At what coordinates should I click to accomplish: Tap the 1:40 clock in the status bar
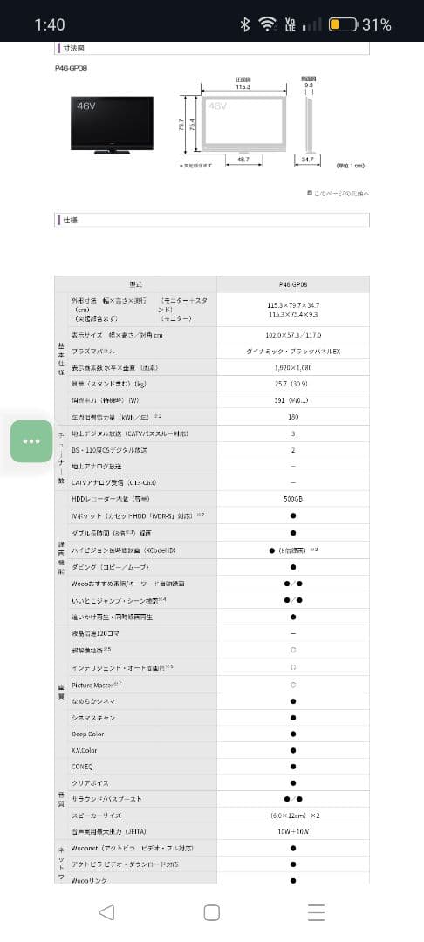pyautogui.click(x=49, y=24)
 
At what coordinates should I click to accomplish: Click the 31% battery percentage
pyautogui.click(x=376, y=24)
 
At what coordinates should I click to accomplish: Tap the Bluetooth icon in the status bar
pyautogui.click(x=245, y=24)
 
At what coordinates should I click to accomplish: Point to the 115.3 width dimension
pyautogui.click(x=243, y=87)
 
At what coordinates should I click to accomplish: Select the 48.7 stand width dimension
pyautogui.click(x=243, y=160)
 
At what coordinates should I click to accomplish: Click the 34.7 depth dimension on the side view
pyautogui.click(x=306, y=160)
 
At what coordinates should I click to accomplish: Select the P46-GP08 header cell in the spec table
pyautogui.click(x=292, y=284)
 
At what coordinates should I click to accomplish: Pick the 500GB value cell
pyautogui.click(x=292, y=500)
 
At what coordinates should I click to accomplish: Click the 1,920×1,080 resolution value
pyautogui.click(x=292, y=367)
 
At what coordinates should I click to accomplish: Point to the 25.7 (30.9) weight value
pyautogui.click(x=292, y=384)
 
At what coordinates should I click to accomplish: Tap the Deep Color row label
pyautogui.click(x=87, y=734)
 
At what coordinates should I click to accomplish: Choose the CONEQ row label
pyautogui.click(x=82, y=766)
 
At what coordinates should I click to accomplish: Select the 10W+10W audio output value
pyautogui.click(x=292, y=831)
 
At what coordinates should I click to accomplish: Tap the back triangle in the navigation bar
pyautogui.click(x=106, y=912)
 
